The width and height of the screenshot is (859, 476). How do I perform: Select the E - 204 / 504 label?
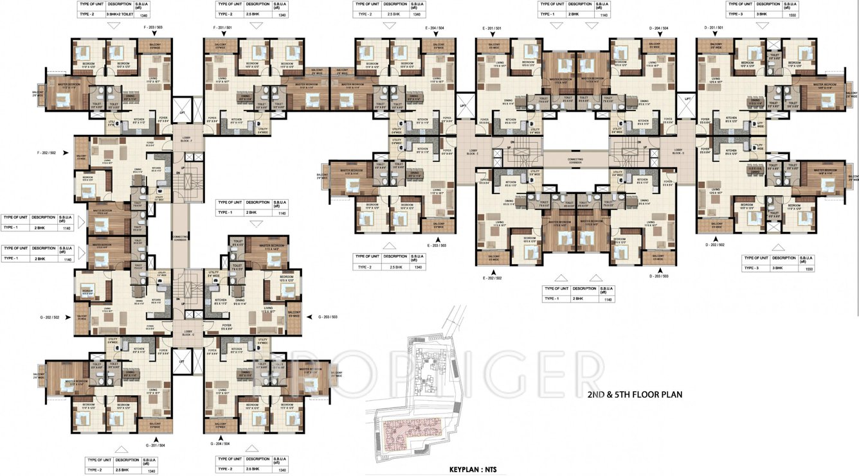pos(435,28)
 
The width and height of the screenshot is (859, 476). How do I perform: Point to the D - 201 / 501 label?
pos(714,28)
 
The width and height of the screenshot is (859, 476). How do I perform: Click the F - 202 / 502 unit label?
pos(47,153)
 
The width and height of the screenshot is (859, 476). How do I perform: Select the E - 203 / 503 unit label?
pos(435,245)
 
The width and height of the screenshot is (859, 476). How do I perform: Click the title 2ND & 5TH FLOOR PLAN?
pos(635,394)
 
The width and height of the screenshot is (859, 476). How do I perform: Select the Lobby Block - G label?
pos(188,333)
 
